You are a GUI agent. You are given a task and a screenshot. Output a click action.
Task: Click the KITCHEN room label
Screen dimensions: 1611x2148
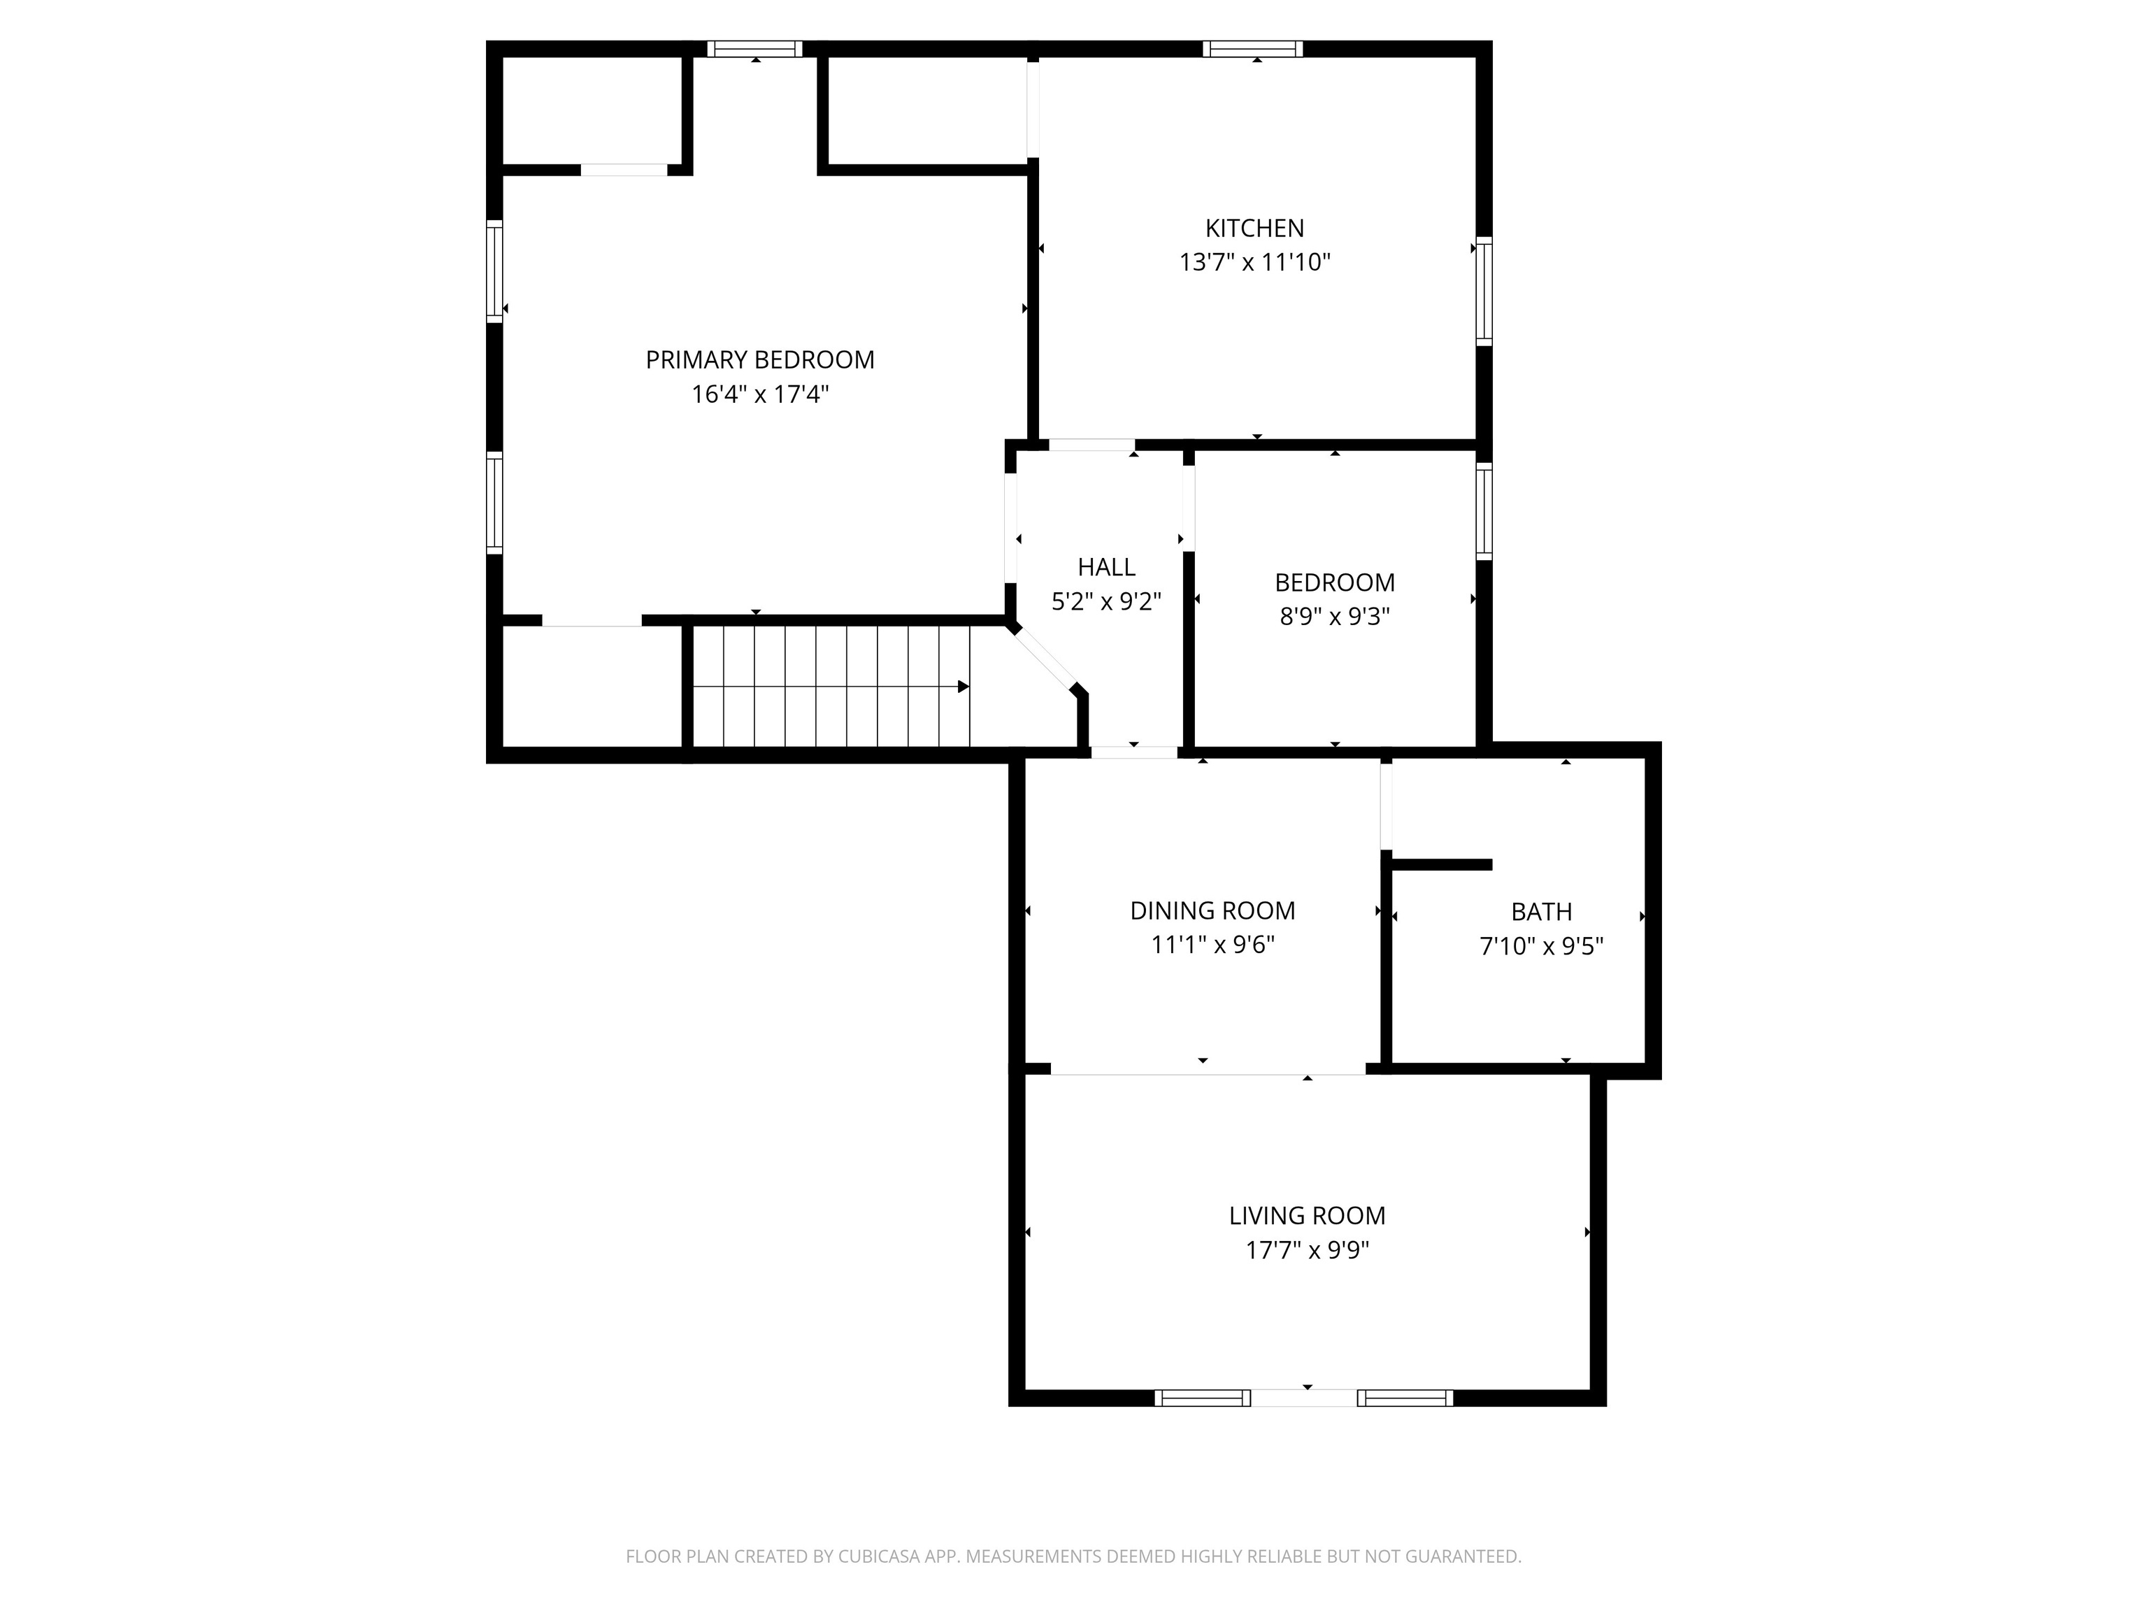click(x=1254, y=228)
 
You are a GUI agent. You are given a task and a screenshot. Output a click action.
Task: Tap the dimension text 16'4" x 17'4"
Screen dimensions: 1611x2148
click(x=759, y=394)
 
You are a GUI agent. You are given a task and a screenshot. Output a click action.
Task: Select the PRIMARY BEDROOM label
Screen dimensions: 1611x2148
click(x=759, y=360)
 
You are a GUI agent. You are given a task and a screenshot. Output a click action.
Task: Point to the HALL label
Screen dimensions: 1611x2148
click(x=1106, y=567)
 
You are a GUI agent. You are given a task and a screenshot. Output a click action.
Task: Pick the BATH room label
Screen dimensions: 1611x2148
click(x=1541, y=912)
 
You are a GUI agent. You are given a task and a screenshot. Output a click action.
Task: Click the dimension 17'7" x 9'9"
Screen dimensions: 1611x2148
click(x=1307, y=1250)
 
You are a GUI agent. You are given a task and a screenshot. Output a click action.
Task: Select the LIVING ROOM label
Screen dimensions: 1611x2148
click(x=1307, y=1216)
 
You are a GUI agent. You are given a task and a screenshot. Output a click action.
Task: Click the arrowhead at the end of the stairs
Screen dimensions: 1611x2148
click(x=964, y=687)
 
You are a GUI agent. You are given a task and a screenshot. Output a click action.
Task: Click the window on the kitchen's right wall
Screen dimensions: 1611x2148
click(x=1484, y=292)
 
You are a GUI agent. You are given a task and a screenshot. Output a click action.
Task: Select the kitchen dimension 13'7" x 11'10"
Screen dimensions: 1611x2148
click(x=1254, y=262)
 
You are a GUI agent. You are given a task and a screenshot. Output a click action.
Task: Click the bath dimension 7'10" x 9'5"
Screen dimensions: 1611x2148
click(x=1541, y=946)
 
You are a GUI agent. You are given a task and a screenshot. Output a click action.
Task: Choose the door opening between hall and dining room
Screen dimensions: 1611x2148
click(x=1133, y=752)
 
